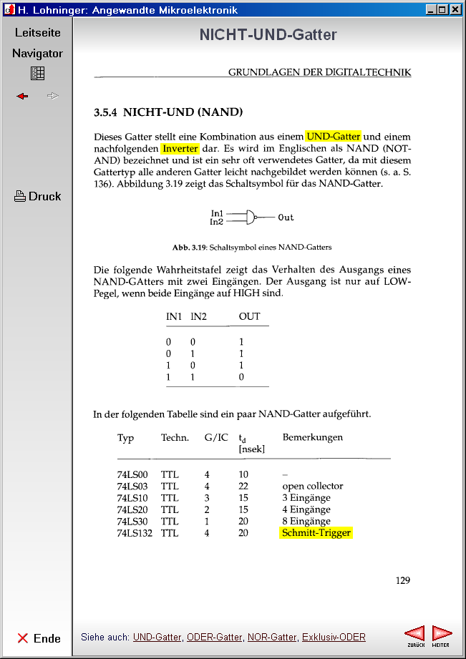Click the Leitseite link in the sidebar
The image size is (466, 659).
pyautogui.click(x=38, y=32)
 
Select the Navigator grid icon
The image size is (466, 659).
pyautogui.click(x=38, y=73)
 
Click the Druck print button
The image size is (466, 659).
pyautogui.click(x=38, y=196)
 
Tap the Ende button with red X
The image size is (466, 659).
pyautogui.click(x=39, y=638)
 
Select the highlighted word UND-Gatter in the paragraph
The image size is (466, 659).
pyautogui.click(x=334, y=136)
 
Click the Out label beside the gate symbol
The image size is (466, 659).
pyautogui.click(x=286, y=218)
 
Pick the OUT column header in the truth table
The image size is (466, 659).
pyautogui.click(x=250, y=316)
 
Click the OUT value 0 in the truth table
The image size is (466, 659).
pyautogui.click(x=241, y=376)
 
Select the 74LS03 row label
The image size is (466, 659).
pyautogui.click(x=132, y=486)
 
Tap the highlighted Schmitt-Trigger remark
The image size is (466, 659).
pyautogui.click(x=316, y=532)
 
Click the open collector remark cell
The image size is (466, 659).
pyautogui.click(x=312, y=486)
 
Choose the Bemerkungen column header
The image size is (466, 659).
pyautogui.click(x=312, y=437)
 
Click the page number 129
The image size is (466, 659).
pyautogui.click(x=403, y=580)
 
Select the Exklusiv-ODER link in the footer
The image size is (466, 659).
pyautogui.click(x=334, y=637)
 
